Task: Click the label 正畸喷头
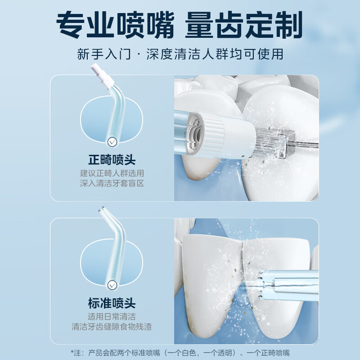[x=112, y=160]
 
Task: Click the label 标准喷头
[x=112, y=303]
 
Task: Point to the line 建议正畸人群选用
[x=112, y=173]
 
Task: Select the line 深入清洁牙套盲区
[x=112, y=183]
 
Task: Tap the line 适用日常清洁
[x=112, y=316]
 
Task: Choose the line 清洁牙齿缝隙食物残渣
[x=112, y=327]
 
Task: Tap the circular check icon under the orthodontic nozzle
[x=112, y=143]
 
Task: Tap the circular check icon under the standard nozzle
[x=112, y=285]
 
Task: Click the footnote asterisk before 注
[x=72, y=352]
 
